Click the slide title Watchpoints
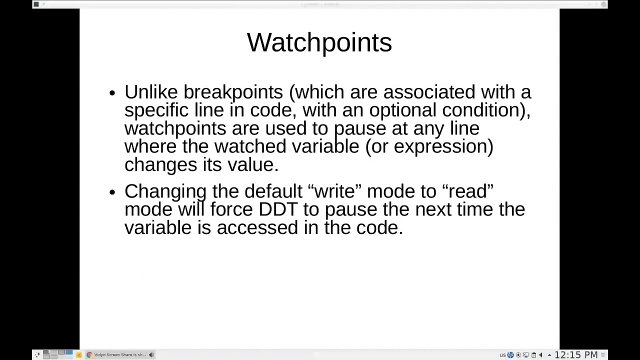[x=319, y=42]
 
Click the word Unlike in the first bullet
[x=151, y=92]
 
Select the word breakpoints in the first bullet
[x=233, y=92]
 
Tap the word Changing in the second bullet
[x=165, y=191]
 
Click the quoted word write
[x=334, y=191]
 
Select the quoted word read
[x=468, y=191]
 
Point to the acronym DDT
[x=278, y=209]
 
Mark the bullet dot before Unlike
[x=112, y=93]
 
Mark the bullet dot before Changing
[x=112, y=192]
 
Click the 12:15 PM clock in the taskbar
[x=576, y=355]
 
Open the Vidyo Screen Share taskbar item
[x=119, y=355]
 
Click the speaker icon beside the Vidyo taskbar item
[x=151, y=355]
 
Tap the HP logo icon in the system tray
[x=510, y=355]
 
